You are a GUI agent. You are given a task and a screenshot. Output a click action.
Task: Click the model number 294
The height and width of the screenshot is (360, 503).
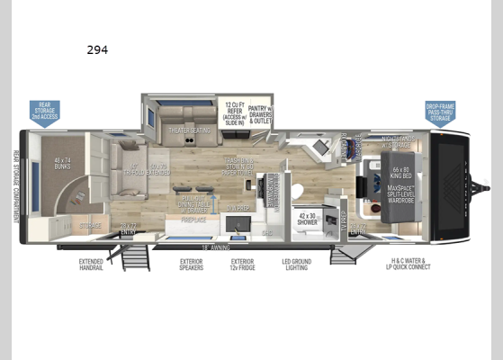(98, 50)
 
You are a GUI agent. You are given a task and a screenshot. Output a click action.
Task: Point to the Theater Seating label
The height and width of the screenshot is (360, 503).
(189, 130)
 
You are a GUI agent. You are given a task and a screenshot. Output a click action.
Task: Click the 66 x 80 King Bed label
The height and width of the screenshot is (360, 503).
(400, 172)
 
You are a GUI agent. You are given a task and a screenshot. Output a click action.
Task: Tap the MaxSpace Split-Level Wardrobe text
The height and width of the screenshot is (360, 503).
(400, 193)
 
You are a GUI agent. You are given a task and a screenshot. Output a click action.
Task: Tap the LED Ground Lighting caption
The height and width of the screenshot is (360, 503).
(297, 267)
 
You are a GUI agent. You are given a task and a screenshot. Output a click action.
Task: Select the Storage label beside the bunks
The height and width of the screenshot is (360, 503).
(91, 226)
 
